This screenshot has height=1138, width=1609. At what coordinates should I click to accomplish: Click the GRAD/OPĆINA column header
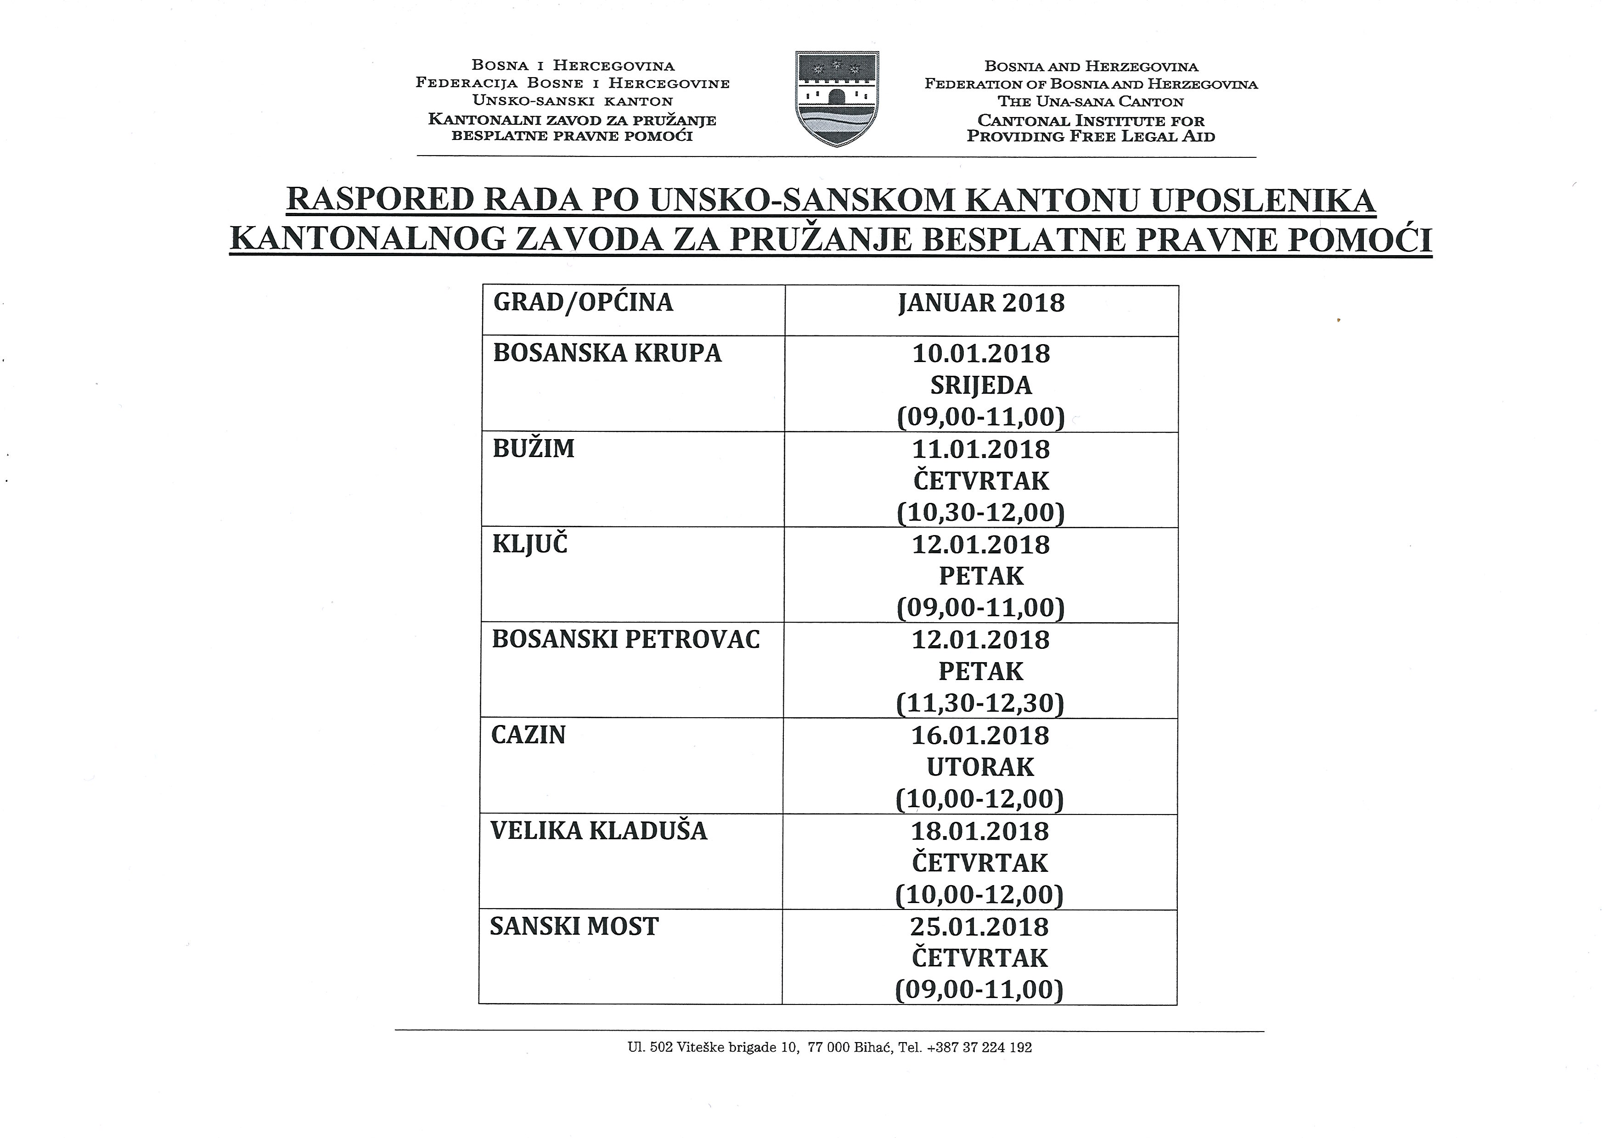583,303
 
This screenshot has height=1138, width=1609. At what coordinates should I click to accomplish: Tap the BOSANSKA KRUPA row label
607,353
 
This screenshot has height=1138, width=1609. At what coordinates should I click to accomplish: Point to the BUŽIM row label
534,448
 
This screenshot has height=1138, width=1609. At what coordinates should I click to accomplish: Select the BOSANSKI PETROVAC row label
625,640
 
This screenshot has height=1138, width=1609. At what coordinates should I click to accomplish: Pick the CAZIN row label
528,735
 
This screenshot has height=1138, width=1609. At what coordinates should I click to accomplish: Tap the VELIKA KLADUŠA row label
599,831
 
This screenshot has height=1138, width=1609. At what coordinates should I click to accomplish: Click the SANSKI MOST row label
574,926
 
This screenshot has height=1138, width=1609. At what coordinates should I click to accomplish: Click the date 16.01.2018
980,736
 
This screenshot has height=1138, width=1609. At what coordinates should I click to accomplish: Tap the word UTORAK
980,767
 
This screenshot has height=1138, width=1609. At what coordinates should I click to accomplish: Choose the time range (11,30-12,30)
980,703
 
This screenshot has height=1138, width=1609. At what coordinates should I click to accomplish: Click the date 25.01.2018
979,926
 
